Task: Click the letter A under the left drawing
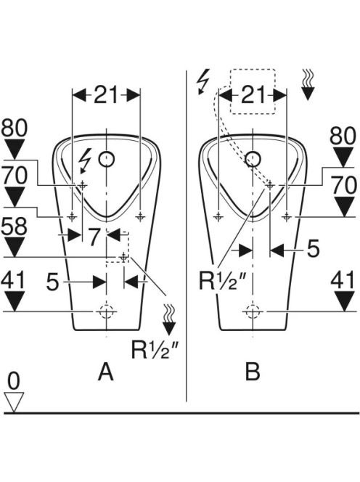pos(106,372)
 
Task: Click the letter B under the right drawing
pos(253,372)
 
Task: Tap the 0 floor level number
pos(14,381)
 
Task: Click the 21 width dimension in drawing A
pos(106,94)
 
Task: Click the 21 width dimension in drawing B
pos(253,94)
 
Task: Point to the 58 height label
pos(14,226)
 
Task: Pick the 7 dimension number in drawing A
pos(94,237)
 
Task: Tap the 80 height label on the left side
pos(14,128)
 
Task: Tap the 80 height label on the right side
pos(343,136)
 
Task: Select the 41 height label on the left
pos(13,281)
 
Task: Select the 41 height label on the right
pos(343,281)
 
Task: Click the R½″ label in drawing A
pos(155,350)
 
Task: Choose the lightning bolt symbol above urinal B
pos(203,81)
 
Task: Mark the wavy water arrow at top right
pos(308,84)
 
